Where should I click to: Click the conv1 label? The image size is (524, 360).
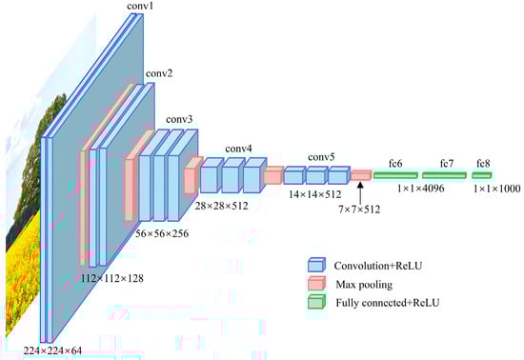point(140,6)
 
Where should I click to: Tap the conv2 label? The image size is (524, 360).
point(159,73)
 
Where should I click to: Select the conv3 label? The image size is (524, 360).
point(179,119)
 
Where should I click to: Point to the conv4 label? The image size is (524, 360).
point(238,149)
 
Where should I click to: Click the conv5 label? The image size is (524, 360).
point(321,157)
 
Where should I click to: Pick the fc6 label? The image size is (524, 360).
point(395,164)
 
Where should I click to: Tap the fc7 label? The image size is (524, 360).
point(447,164)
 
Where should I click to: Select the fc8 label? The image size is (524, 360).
point(483,164)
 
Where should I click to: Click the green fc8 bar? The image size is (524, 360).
point(482,175)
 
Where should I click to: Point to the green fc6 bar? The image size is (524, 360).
point(395,175)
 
